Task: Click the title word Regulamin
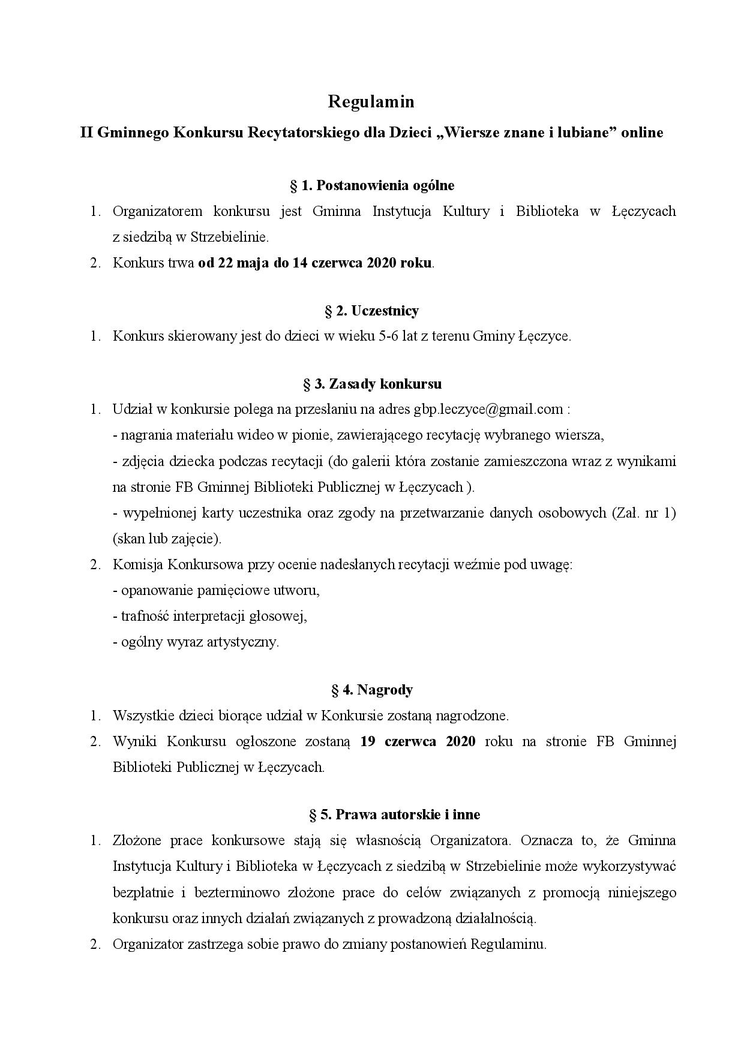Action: (x=371, y=102)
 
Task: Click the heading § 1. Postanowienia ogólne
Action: (x=372, y=185)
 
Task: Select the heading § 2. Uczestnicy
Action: (x=372, y=310)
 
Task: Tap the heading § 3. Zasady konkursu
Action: (x=372, y=383)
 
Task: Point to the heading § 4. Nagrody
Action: (x=372, y=690)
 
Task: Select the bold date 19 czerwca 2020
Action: (x=418, y=741)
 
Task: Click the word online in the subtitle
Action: (x=642, y=133)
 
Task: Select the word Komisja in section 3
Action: (x=137, y=564)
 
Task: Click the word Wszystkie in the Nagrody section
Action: (x=141, y=716)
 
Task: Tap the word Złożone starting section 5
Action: (x=136, y=840)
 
